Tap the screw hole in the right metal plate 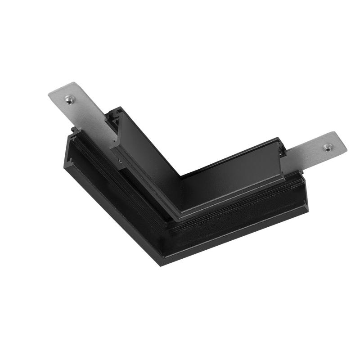328,146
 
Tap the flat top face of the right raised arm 234,180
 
